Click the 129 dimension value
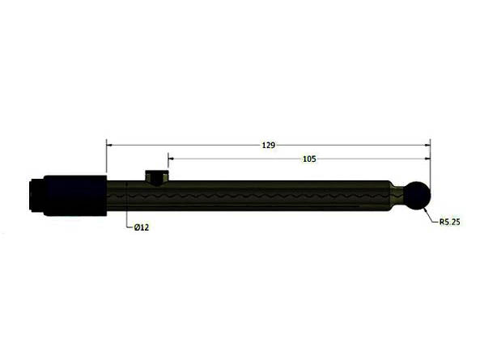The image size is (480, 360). [268, 146]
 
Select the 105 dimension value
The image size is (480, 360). [308, 159]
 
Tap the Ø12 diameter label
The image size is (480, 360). [141, 227]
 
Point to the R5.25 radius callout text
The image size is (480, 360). [449, 221]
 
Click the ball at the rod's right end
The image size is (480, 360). [417, 196]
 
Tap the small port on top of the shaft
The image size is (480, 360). [155, 176]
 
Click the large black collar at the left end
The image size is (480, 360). [75, 195]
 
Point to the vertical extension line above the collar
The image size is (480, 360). [107, 158]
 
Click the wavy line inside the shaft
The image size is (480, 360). [267, 195]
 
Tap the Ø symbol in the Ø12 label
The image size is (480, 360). [135, 227]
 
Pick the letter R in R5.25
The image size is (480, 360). [441, 221]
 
